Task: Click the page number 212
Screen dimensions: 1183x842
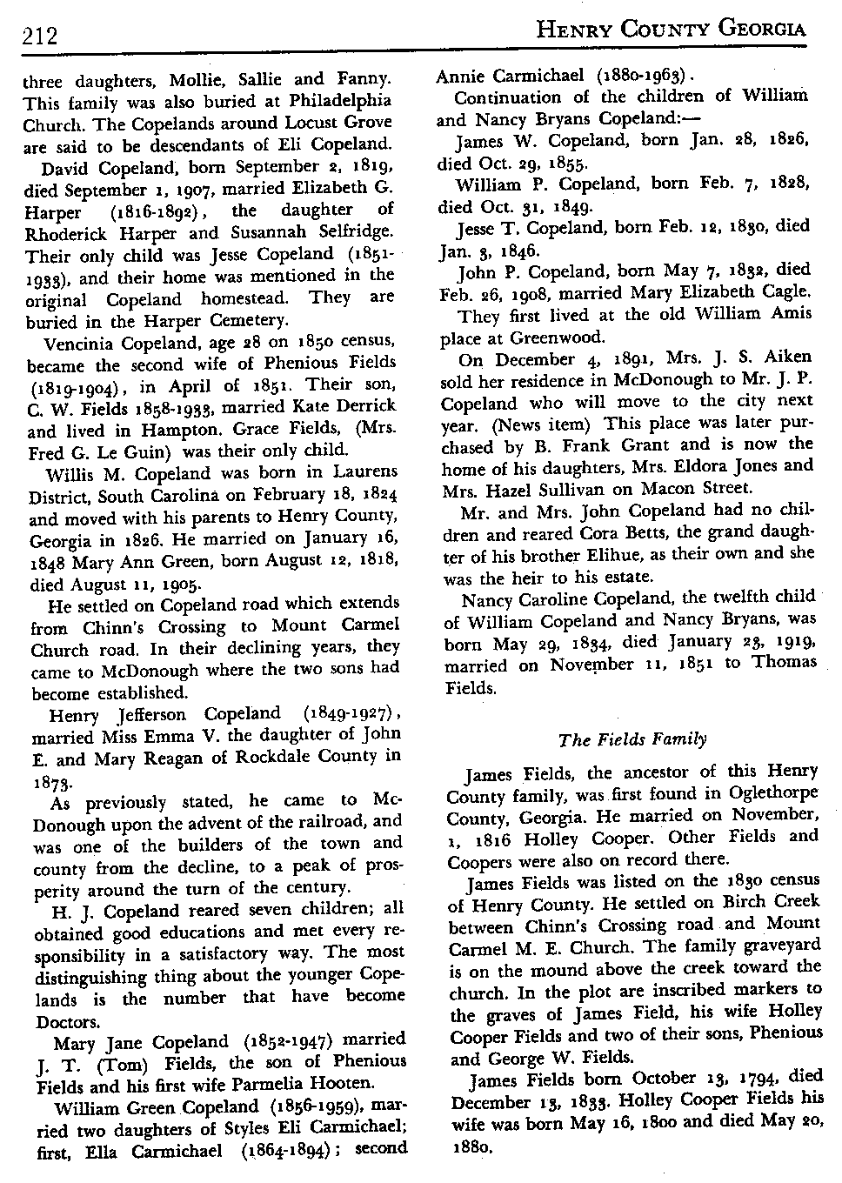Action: point(39,37)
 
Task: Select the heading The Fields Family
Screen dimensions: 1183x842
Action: point(632,740)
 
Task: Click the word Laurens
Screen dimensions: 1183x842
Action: point(361,471)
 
